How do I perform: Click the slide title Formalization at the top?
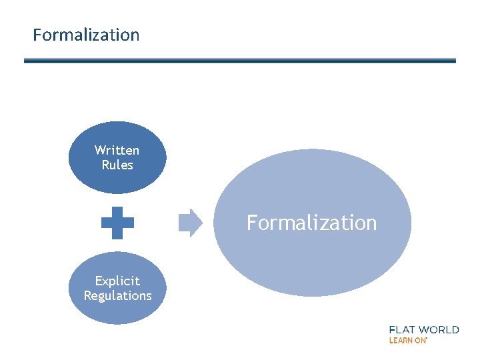tap(86, 35)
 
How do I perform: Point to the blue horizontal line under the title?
tap(240, 61)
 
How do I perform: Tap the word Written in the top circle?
tap(117, 150)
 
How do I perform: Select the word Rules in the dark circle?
tap(117, 165)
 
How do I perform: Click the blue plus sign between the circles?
tap(117, 223)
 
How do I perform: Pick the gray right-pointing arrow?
tap(190, 223)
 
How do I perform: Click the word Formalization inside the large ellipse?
tap(311, 223)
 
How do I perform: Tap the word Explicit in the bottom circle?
tap(117, 281)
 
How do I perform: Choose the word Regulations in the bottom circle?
tap(117, 295)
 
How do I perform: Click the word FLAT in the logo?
tap(404, 329)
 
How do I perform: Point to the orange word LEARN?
tap(400, 340)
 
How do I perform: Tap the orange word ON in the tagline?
tap(419, 340)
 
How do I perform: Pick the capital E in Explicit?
tap(98, 281)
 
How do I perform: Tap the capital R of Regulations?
tap(87, 295)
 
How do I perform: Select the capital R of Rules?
tap(105, 165)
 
